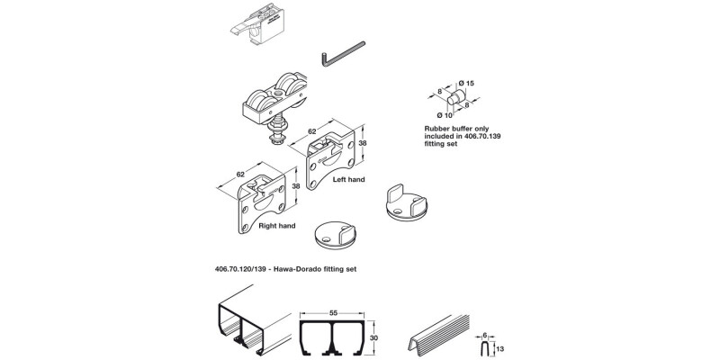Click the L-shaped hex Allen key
point(343,54)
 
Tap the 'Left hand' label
point(348,179)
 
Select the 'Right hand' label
point(277,226)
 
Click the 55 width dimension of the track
point(333,312)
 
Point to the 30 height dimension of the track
point(375,338)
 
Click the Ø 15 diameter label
point(466,83)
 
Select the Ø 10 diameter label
point(445,115)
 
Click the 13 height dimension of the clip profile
point(500,349)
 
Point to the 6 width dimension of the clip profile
point(484,335)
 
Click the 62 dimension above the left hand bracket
point(311,131)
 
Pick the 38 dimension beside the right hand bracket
point(296,186)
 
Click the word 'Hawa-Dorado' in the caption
point(294,269)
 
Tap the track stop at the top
point(259,24)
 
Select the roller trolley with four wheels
point(275,99)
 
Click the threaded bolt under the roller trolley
point(276,130)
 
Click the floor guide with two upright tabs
point(407,202)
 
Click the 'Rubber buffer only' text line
point(456,129)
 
